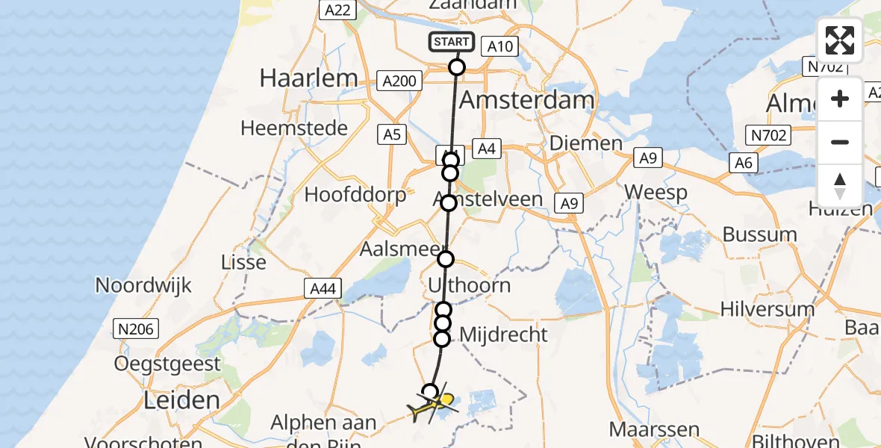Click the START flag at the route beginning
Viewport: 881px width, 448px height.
point(451,42)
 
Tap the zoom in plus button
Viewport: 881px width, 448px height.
point(840,99)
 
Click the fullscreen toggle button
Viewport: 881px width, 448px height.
point(840,40)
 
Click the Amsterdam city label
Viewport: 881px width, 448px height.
point(527,100)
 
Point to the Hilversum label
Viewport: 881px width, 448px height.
point(767,308)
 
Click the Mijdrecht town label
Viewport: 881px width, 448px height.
point(503,335)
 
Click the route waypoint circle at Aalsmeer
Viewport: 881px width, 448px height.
point(446,259)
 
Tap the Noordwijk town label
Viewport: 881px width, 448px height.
point(144,285)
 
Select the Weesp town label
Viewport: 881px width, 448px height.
point(656,192)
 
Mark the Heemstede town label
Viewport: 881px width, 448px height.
point(294,128)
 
